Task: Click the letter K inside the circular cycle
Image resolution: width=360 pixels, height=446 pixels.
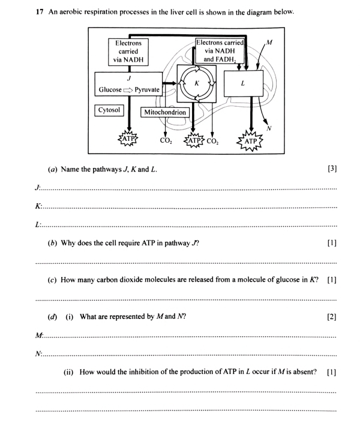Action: pos(196,83)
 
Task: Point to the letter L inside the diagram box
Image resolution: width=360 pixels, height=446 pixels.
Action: pos(242,84)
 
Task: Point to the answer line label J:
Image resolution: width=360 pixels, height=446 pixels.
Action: pos(38,188)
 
